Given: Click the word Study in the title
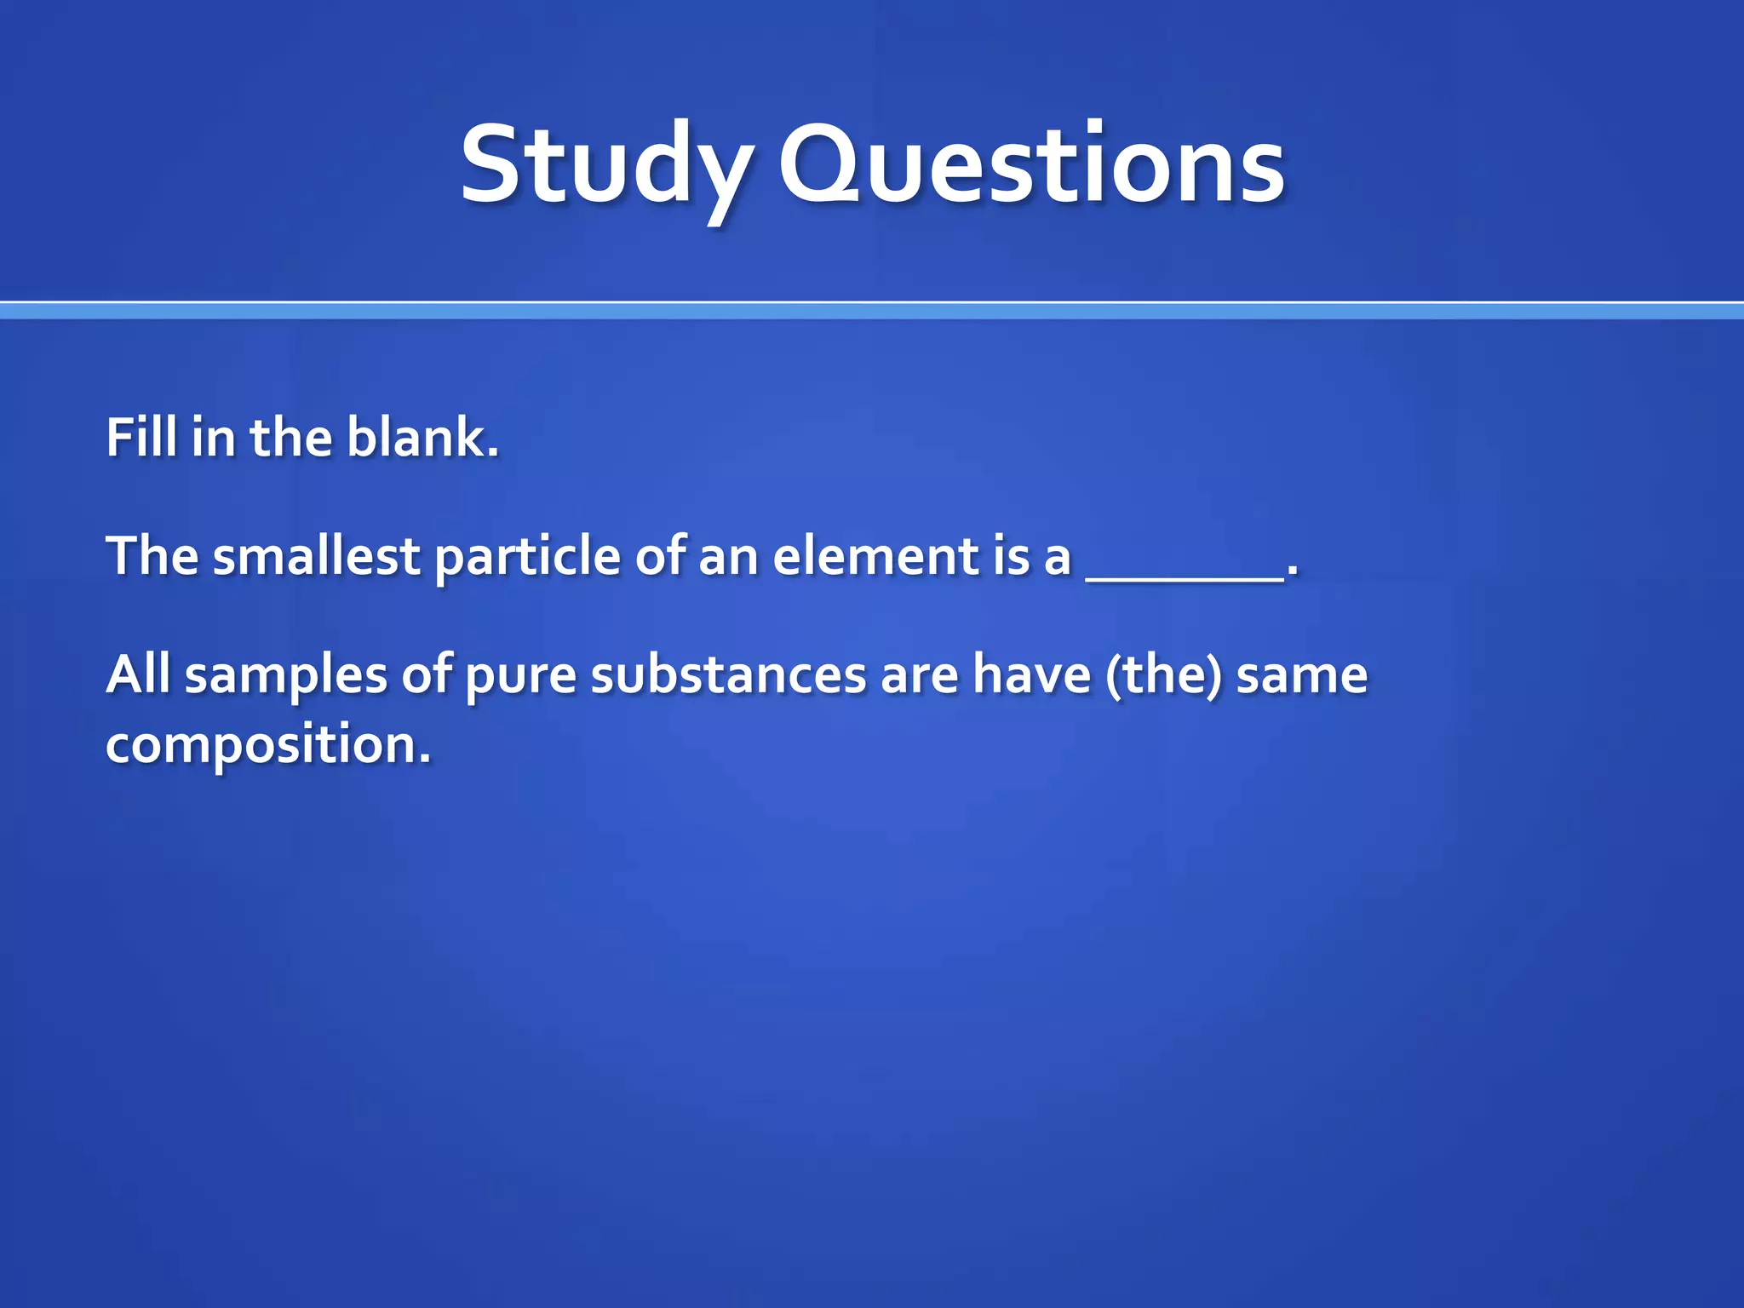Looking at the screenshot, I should [606, 166].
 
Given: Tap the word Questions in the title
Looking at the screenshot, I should [1031, 166].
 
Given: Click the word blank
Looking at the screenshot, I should [422, 438].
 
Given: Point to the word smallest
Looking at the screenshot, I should [316, 556].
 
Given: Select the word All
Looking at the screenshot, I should [138, 674].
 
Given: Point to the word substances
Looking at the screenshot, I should [728, 674].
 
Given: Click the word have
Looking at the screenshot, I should [1031, 674].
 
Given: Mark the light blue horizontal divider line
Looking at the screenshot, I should [872, 310].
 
